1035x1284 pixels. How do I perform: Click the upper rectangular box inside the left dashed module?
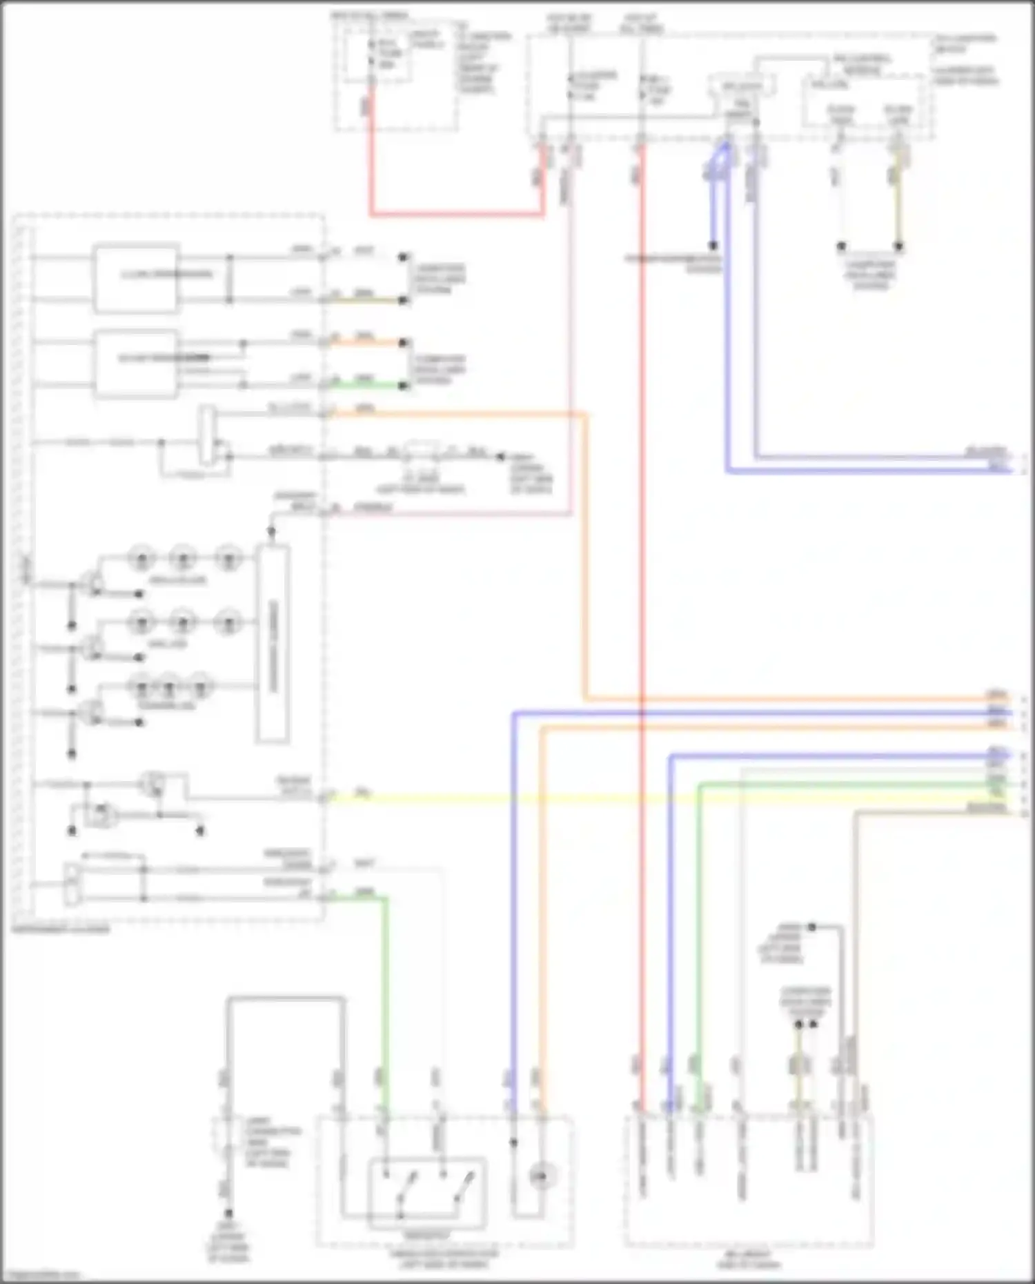tap(136, 277)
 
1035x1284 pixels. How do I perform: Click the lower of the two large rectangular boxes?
tap(136, 364)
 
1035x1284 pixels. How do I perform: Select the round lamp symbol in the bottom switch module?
tap(542, 1174)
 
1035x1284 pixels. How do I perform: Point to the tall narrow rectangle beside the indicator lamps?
tap(273, 644)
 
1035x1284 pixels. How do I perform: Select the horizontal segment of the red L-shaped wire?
tap(455, 215)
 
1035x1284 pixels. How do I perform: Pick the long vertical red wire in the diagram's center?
tap(642, 552)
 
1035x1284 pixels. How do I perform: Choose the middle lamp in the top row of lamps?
tap(183, 557)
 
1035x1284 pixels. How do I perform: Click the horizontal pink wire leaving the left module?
tap(448, 513)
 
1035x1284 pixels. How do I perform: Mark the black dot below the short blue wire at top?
tap(713, 246)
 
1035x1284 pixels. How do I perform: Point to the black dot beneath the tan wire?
tap(899, 246)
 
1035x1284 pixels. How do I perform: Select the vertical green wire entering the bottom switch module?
tap(385, 1000)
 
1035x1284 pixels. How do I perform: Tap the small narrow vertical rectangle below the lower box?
tap(207, 435)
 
